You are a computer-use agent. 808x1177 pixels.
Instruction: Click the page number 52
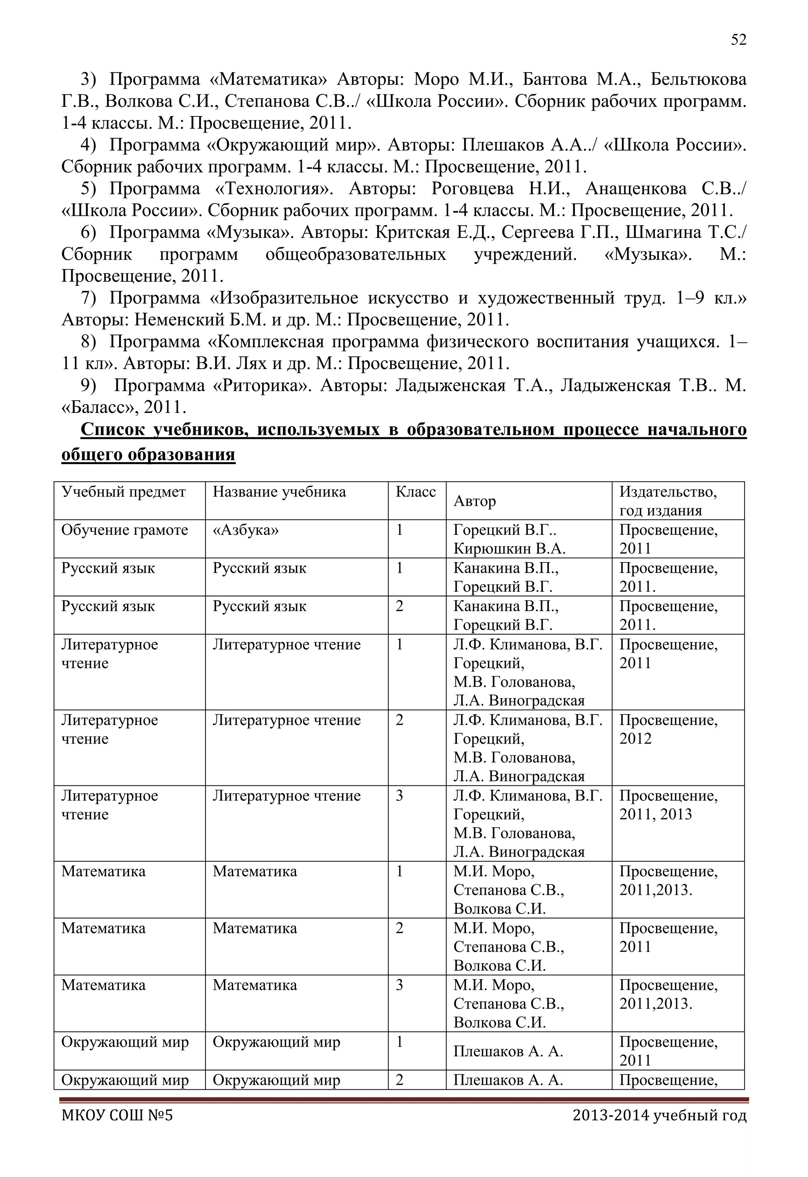738,40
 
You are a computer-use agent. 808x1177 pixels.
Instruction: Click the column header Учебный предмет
123,492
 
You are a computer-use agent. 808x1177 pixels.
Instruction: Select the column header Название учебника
279,492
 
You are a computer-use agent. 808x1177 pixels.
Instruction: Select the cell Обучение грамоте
125,530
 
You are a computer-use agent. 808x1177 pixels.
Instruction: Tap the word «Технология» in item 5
274,189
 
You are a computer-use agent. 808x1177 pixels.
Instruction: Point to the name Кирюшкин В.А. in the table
509,549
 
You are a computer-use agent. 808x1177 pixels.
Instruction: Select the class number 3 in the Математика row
399,985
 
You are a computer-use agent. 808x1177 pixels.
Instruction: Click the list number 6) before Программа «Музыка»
88,232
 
